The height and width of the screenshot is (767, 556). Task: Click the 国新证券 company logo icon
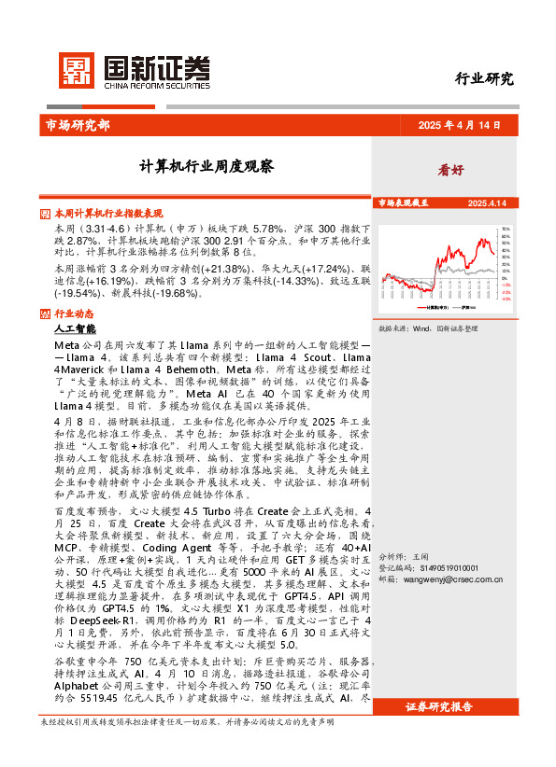pyautogui.click(x=76, y=69)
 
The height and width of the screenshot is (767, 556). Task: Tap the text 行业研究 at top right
pyautogui.click(x=484, y=79)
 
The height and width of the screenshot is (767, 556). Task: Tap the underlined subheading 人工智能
pyautogui.click(x=75, y=329)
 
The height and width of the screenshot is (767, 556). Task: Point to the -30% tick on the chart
pyautogui.click(x=506, y=300)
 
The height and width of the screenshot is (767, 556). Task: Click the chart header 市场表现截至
pyautogui.click(x=403, y=202)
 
